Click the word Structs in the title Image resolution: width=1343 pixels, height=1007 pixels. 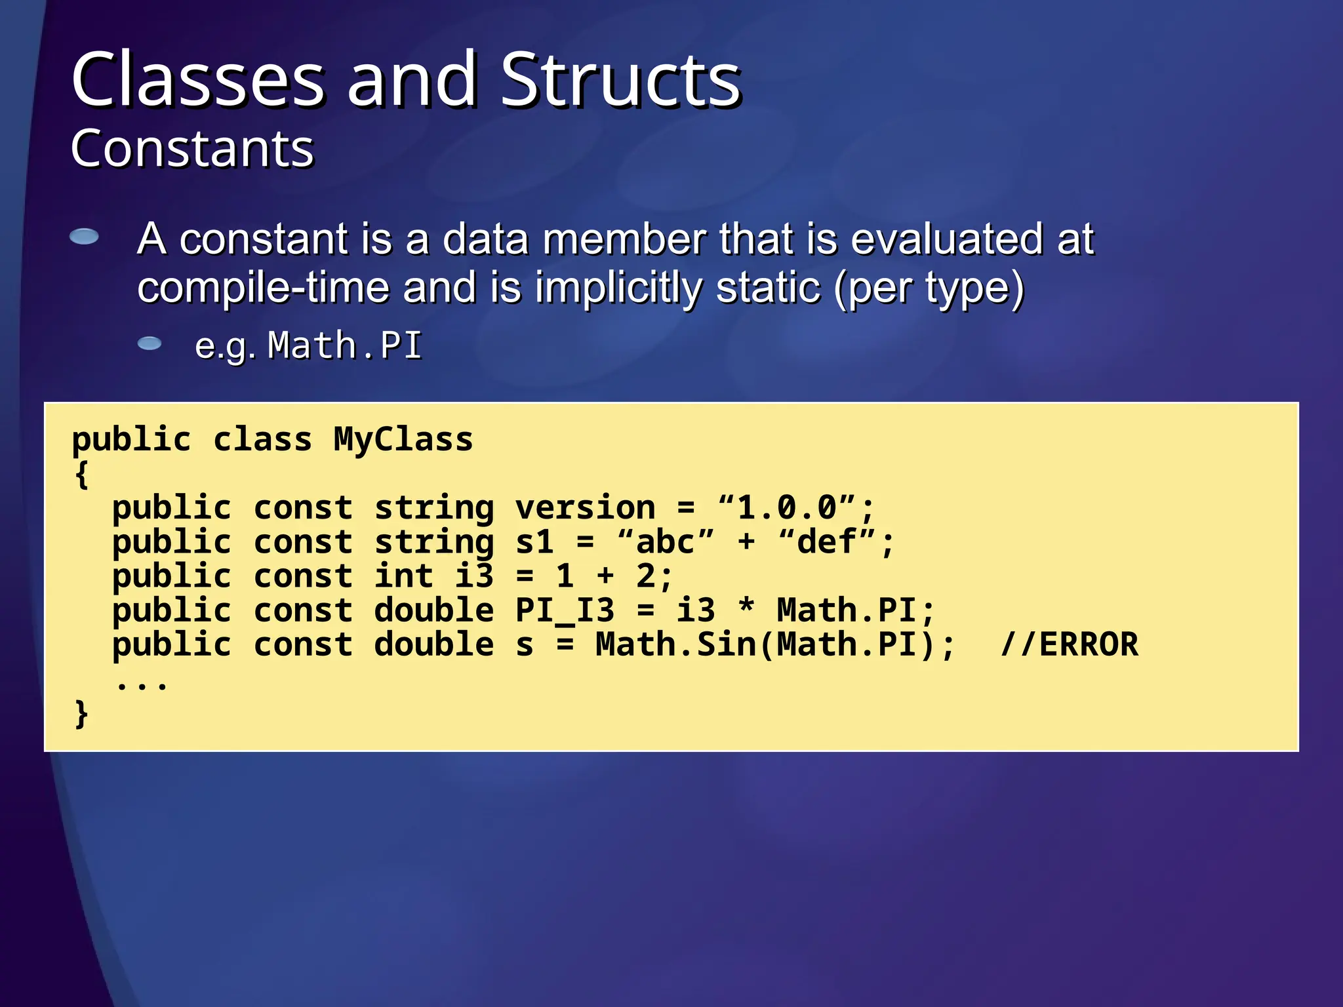click(x=620, y=80)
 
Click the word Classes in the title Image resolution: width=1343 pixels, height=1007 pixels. click(x=198, y=80)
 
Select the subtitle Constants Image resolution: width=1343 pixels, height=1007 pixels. click(x=192, y=148)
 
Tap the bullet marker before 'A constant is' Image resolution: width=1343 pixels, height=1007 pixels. click(x=84, y=237)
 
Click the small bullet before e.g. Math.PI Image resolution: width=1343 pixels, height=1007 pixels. click(x=150, y=344)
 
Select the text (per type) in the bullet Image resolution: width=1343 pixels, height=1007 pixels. click(x=928, y=288)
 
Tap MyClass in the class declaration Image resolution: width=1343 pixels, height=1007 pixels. click(x=403, y=439)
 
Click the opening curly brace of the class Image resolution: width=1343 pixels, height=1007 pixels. click(x=81, y=474)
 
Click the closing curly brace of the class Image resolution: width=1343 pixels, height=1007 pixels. click(x=81, y=713)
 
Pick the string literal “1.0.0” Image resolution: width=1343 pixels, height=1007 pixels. click(x=787, y=507)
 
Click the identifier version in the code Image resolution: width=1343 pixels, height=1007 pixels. click(x=585, y=507)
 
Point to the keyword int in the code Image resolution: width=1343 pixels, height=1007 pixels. click(x=403, y=576)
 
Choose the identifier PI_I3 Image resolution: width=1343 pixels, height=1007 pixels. click(x=565, y=611)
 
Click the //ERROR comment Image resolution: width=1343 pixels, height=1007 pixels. click(x=1069, y=644)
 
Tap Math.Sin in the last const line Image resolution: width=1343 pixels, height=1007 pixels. click(x=675, y=644)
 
